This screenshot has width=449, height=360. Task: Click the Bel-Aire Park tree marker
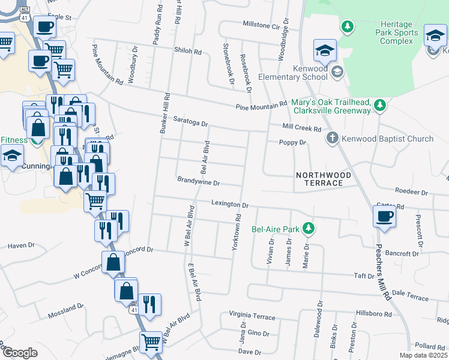[x=309, y=228]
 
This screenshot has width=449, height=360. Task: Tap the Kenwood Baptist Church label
[x=388, y=139]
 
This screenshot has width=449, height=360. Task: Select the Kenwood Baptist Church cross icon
[x=332, y=139]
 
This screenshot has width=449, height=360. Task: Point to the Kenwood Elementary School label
[x=293, y=73]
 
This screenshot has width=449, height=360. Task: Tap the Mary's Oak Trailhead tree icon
[x=379, y=106]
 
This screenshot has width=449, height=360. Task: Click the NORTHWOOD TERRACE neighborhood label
[x=323, y=179]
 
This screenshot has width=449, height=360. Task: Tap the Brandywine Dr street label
[x=199, y=181]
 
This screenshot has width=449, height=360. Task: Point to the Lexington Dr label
[x=226, y=203]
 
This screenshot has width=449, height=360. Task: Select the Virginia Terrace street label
[x=252, y=316]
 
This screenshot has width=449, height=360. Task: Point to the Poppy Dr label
[x=293, y=143]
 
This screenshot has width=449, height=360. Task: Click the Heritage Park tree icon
[x=347, y=27]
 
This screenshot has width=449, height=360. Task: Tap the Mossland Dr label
[x=67, y=308]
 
